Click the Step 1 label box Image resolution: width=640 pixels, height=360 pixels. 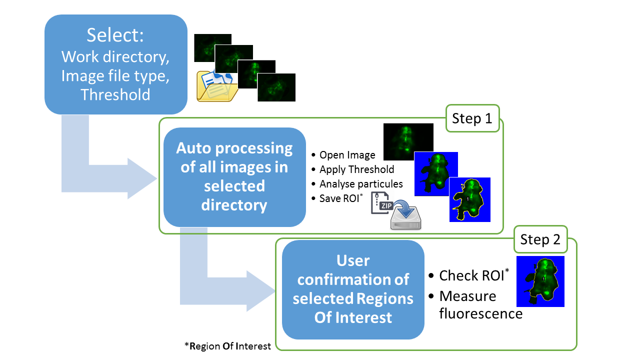(472, 118)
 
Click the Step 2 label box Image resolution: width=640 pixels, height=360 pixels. (540, 239)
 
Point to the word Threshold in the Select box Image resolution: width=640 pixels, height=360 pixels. (115, 94)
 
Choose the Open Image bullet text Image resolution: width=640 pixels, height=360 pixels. (347, 155)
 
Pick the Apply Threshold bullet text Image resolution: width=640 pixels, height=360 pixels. (356, 169)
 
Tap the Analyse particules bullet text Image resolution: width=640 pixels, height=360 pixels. (361, 184)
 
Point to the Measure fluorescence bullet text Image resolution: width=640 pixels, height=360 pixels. (480, 304)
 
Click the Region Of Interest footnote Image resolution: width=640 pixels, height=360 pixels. (227, 346)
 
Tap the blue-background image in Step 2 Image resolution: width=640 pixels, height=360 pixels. (540, 281)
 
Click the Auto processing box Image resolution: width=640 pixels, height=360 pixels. (234, 177)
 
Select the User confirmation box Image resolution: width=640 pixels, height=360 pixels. (353, 289)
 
